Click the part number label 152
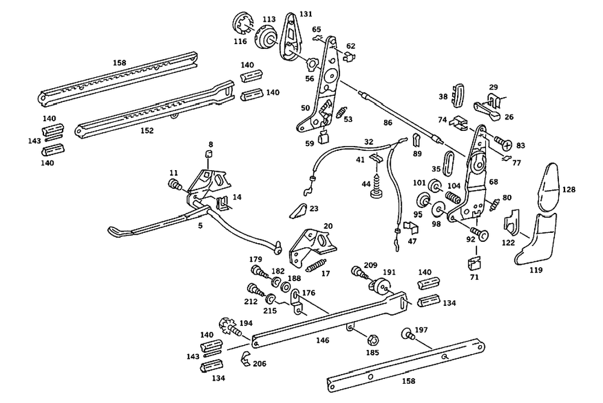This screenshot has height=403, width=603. (x=147, y=130)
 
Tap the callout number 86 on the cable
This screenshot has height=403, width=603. (x=387, y=122)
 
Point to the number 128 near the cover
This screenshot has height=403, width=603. (x=569, y=189)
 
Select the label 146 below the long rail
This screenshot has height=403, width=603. (x=323, y=341)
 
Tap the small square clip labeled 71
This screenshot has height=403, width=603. (x=475, y=264)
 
